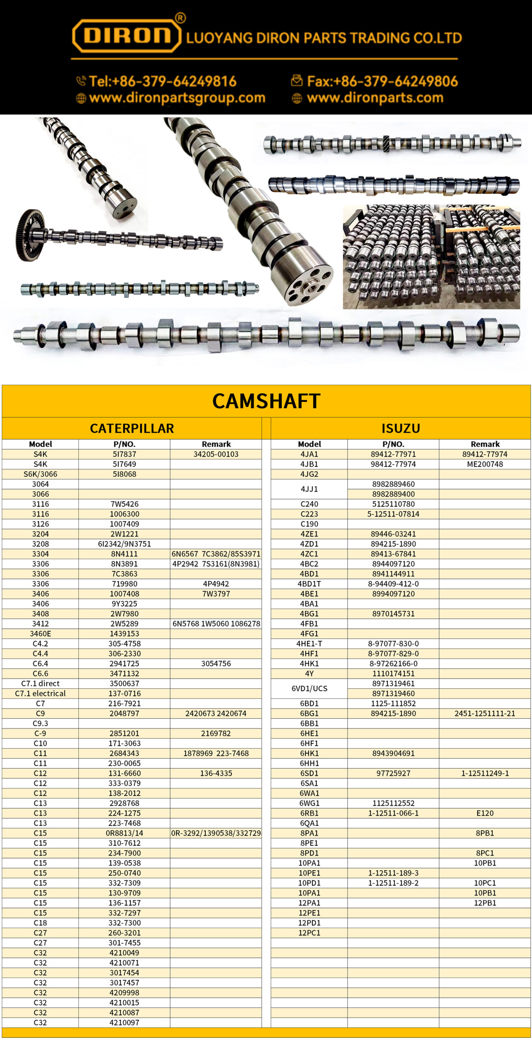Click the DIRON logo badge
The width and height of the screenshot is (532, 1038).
[x=127, y=35]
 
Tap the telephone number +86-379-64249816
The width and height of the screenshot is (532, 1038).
[x=162, y=81]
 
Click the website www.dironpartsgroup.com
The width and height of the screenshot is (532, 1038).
[x=177, y=98]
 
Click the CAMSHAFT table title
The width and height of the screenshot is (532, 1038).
[x=266, y=401]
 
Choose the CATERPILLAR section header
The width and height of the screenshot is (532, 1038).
[x=132, y=428]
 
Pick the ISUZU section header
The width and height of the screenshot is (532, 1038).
[x=401, y=428]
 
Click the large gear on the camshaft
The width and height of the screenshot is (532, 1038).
[x=30, y=235]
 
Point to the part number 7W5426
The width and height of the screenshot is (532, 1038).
[x=124, y=504]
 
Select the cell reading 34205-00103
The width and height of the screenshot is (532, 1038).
[x=216, y=454]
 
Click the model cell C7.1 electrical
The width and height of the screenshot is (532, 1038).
[x=40, y=693]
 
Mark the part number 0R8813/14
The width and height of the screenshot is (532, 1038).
[x=124, y=833]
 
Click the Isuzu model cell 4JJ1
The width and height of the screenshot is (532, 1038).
[x=309, y=489]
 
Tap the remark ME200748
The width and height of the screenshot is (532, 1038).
[x=485, y=464]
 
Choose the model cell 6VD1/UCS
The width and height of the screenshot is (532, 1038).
[x=309, y=688]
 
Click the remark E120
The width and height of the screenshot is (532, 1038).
[x=485, y=813]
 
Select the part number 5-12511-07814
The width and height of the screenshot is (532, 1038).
[x=393, y=514]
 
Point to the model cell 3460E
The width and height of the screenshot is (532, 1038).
[x=40, y=633]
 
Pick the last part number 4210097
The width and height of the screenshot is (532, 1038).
[x=124, y=1023]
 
